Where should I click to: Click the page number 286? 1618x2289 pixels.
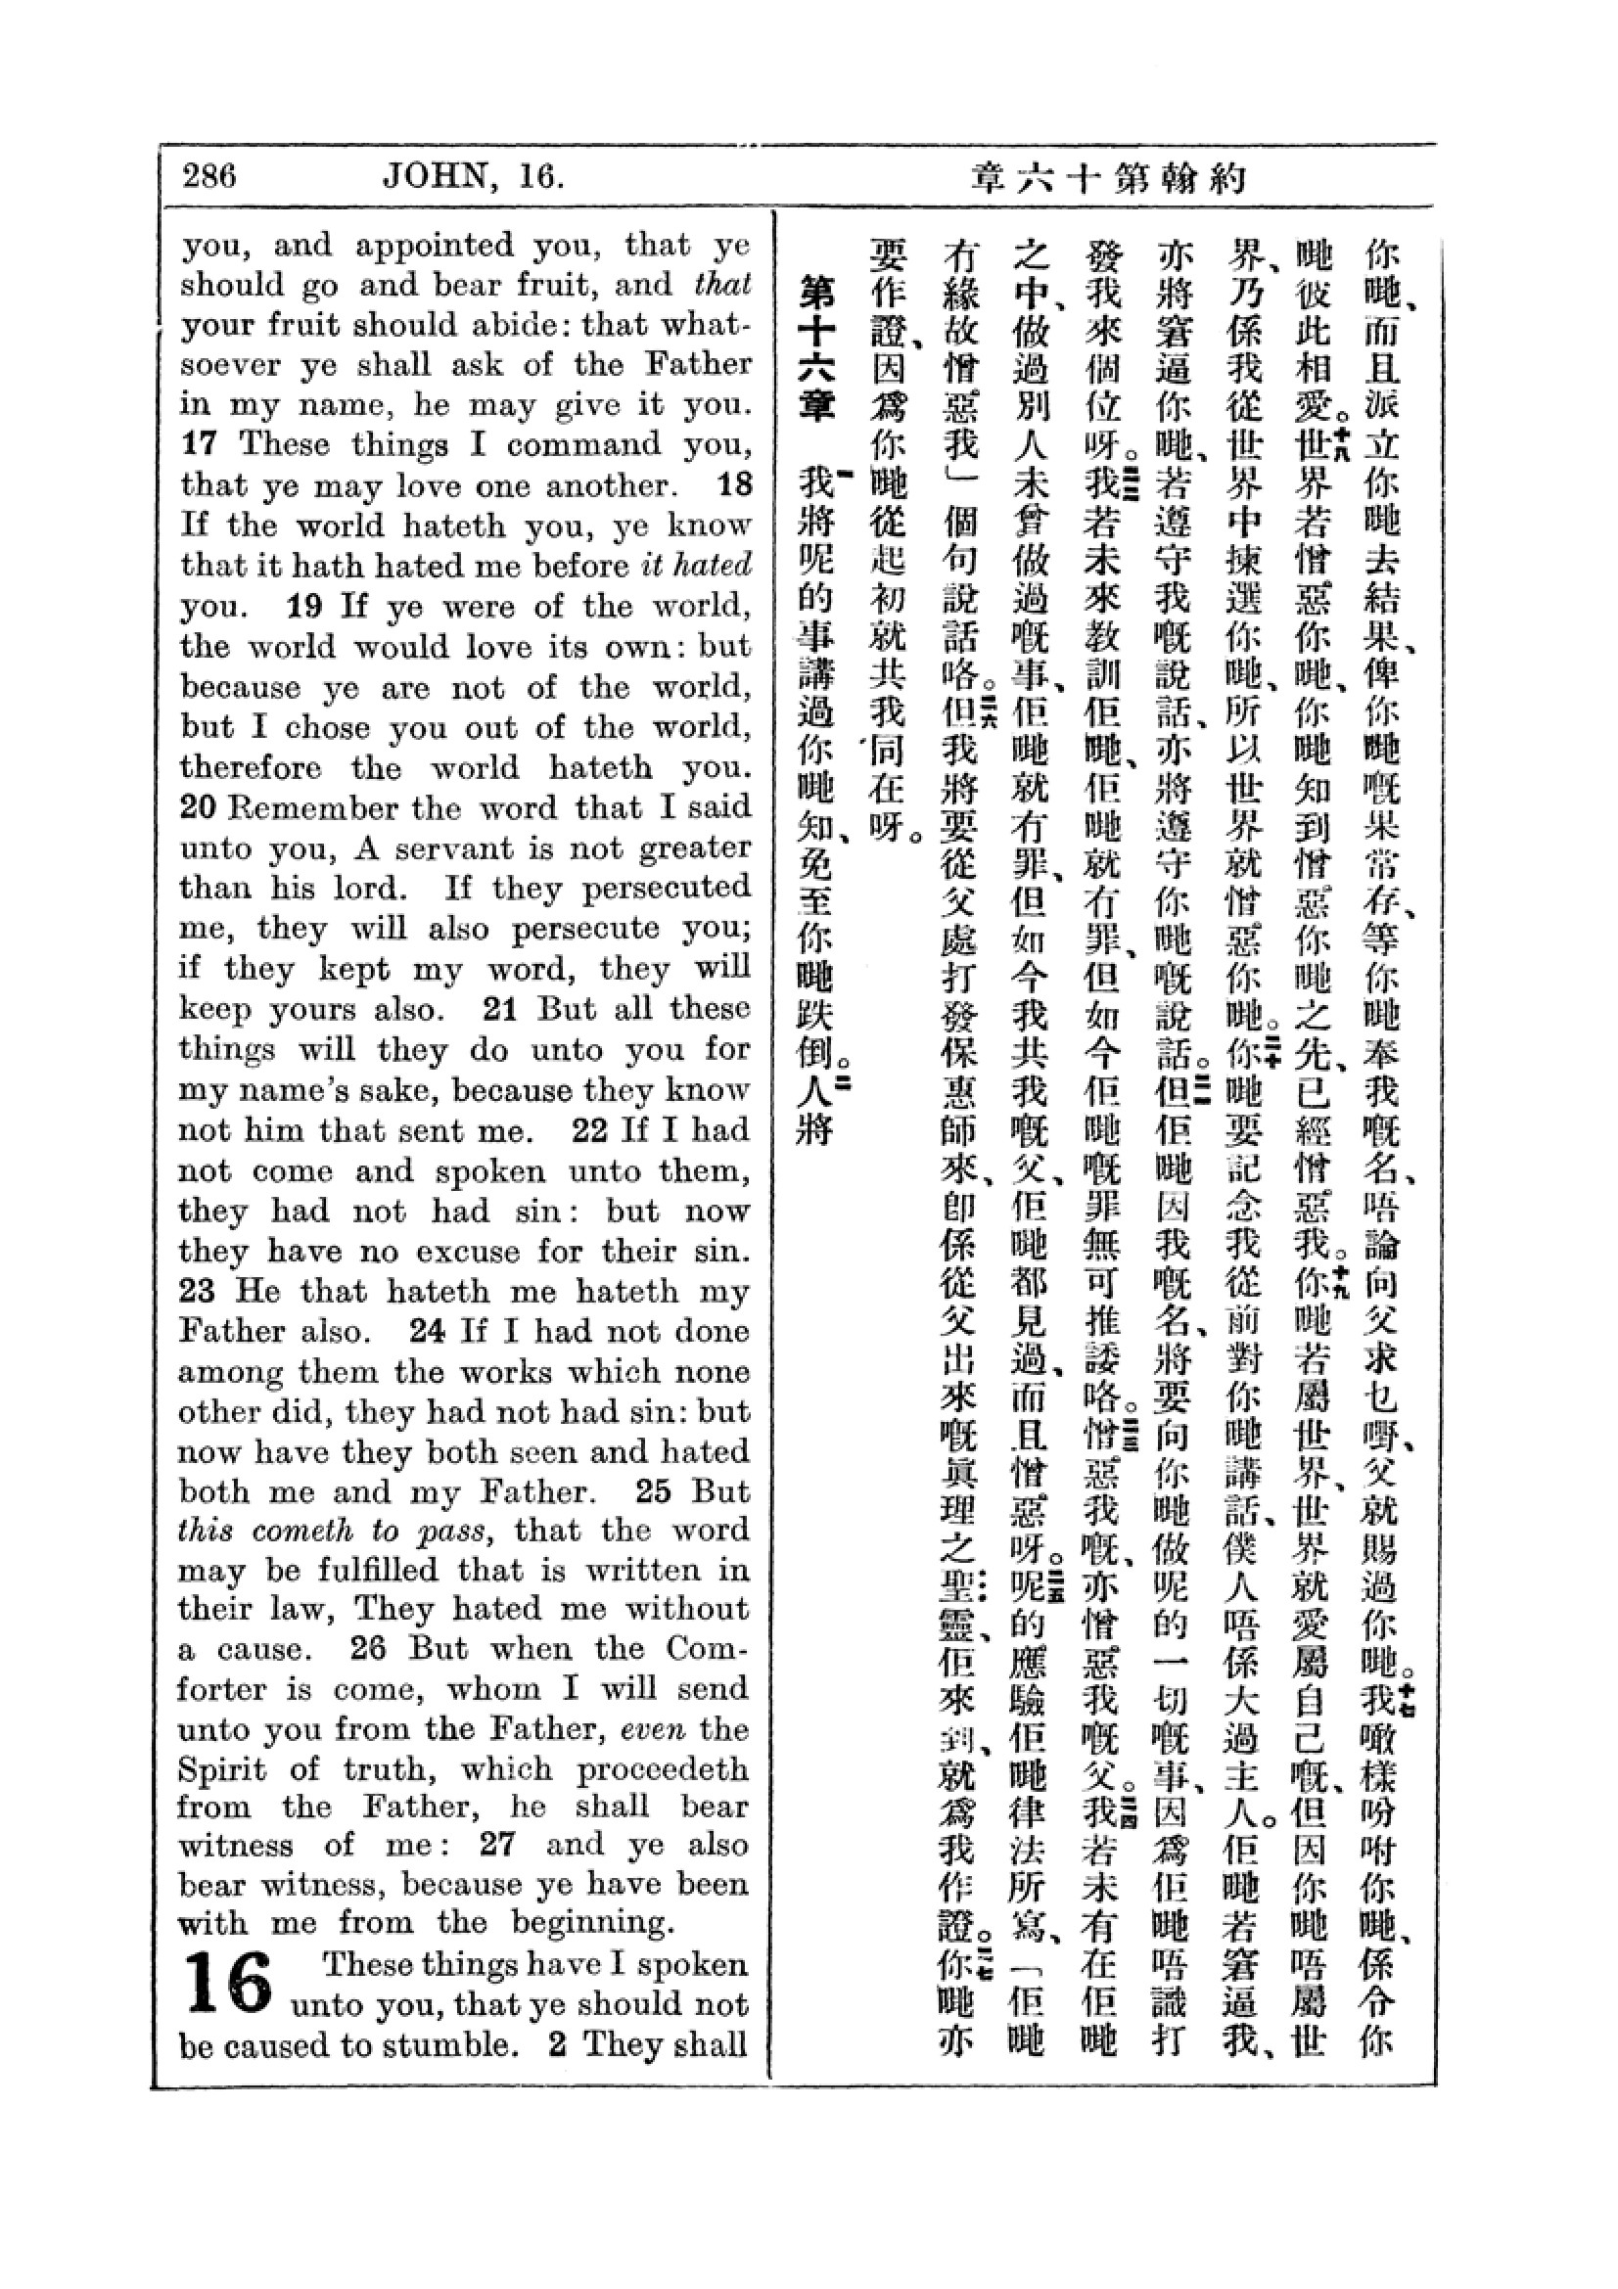(x=209, y=177)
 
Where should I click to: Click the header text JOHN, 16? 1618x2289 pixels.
(x=475, y=177)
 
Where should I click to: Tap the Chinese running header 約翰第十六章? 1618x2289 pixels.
(x=1109, y=179)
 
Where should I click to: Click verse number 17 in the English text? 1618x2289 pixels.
(x=200, y=444)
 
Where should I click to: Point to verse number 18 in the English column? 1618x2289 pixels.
(x=735, y=485)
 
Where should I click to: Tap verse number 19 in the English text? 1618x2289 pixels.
(x=304, y=606)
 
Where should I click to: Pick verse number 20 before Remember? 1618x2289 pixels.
(x=198, y=807)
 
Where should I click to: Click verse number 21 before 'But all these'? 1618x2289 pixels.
(x=498, y=1009)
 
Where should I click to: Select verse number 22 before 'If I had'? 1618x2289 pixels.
(x=589, y=1130)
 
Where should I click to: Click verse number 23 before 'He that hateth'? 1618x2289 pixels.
(x=198, y=1292)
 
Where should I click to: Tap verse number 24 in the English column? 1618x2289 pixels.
(x=428, y=1332)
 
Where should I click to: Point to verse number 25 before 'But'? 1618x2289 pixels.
(x=653, y=1492)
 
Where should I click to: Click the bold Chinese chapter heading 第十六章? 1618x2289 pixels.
(x=816, y=349)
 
